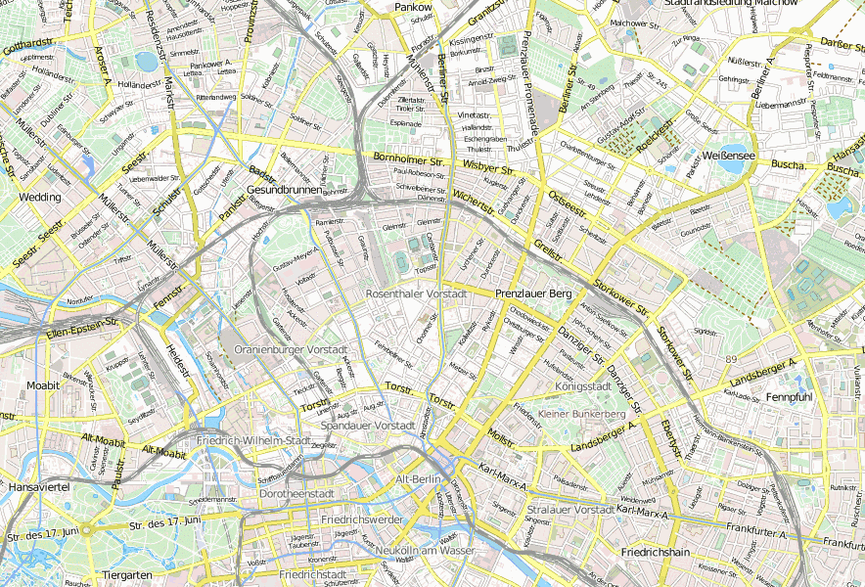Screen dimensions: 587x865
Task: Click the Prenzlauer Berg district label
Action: click(532, 293)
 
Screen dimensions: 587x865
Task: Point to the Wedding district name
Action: click(40, 197)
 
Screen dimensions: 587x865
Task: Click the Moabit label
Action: click(43, 385)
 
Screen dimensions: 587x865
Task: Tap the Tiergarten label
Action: click(127, 574)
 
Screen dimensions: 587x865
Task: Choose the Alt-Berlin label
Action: click(419, 480)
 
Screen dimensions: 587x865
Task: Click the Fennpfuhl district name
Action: click(790, 398)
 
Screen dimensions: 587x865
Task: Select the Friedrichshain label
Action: click(657, 553)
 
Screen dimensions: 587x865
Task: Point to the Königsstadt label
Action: click(582, 386)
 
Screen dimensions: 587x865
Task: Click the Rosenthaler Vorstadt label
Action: click(415, 293)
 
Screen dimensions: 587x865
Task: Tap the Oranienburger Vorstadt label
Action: click(285, 349)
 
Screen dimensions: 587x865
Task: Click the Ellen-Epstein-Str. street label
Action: click(82, 327)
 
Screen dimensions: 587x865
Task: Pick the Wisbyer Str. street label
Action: click(480, 167)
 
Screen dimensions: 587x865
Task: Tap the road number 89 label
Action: click(731, 360)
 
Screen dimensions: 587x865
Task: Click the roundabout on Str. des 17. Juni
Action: click(86, 529)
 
